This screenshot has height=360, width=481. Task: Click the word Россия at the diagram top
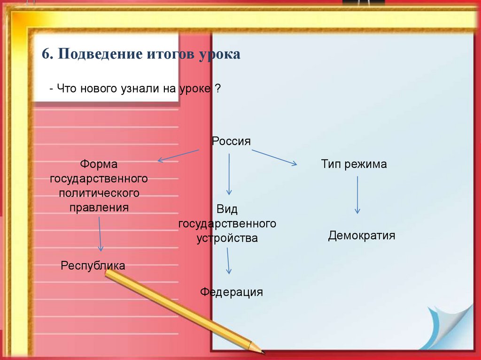click(x=231, y=141)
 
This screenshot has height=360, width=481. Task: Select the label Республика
click(x=93, y=266)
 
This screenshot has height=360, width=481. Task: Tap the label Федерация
click(x=231, y=292)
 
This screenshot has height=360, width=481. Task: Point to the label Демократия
click(x=361, y=235)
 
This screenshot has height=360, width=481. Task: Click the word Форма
click(x=98, y=164)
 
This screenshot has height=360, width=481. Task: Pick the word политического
click(x=99, y=193)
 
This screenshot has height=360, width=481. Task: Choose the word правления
click(x=99, y=207)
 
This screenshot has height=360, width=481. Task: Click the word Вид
click(x=227, y=209)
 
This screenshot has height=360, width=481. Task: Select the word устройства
click(x=227, y=238)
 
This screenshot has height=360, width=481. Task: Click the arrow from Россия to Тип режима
click(x=274, y=157)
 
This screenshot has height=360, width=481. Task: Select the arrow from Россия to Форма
click(x=178, y=155)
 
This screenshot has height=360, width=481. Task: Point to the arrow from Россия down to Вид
click(x=229, y=174)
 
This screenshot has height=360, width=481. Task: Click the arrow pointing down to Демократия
click(x=357, y=195)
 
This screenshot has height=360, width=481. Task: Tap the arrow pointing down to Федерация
click(x=228, y=260)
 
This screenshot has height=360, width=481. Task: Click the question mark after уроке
click(x=218, y=88)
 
